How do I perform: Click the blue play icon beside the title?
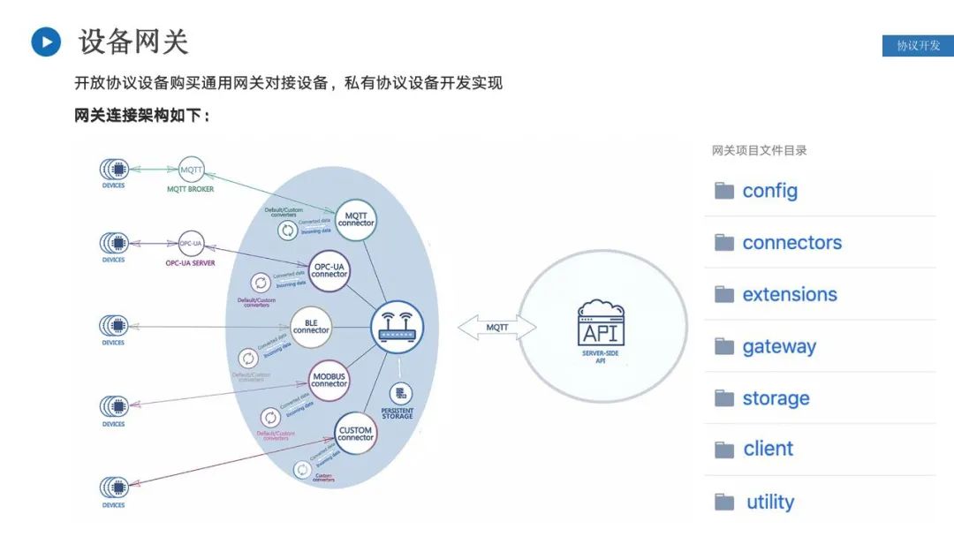46,42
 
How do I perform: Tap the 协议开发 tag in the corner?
918,46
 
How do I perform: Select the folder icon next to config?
724,191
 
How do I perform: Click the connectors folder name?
791,243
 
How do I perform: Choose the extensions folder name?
790,295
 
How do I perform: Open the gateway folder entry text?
779,347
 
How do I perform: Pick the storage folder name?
776,398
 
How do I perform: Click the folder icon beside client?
724,450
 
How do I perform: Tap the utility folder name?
770,503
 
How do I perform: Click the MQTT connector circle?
356,218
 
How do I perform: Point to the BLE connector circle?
311,327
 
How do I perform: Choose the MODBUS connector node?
329,380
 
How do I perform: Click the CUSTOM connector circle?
356,434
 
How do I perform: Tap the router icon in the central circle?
397,326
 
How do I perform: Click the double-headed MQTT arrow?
497,328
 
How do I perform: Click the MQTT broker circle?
191,169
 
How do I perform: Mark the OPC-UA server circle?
191,243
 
